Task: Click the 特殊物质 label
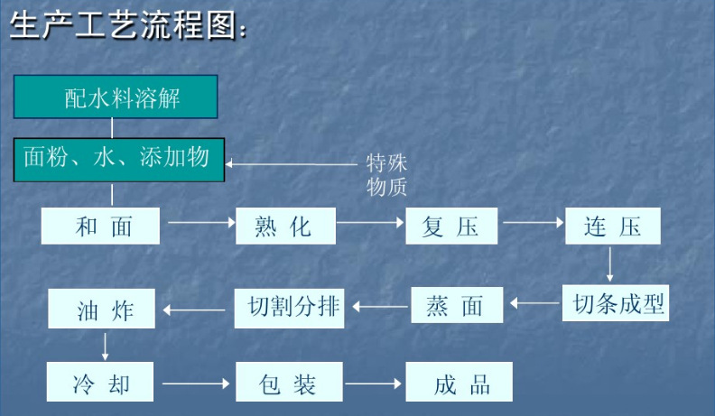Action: pyautogui.click(x=386, y=175)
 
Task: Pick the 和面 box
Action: pyautogui.click(x=102, y=226)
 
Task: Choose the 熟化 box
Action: pyautogui.click(x=285, y=226)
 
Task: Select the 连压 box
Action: pyautogui.click(x=612, y=226)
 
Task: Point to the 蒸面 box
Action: pyautogui.click(x=458, y=306)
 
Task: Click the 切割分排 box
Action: pyautogui.click(x=292, y=307)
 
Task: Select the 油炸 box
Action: pyautogui.click(x=102, y=310)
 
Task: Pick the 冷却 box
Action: pyautogui.click(x=102, y=384)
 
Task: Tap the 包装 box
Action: pyautogui.click(x=289, y=384)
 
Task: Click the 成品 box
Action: pyautogui.click(x=459, y=384)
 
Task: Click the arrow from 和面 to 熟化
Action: pyautogui.click(x=198, y=221)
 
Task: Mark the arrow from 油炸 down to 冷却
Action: pyautogui.click(x=106, y=347)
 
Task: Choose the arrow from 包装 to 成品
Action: pyautogui.click(x=374, y=384)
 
